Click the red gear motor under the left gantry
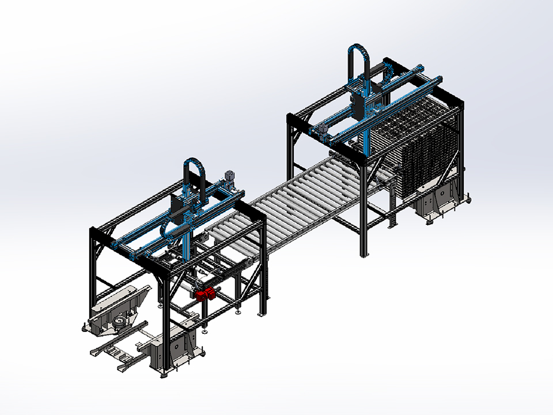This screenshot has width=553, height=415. (x=205, y=295)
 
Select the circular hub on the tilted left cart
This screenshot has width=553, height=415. (x=120, y=319)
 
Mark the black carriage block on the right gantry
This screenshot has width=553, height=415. (x=362, y=104)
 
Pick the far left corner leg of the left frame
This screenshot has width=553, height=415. (x=93, y=271)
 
